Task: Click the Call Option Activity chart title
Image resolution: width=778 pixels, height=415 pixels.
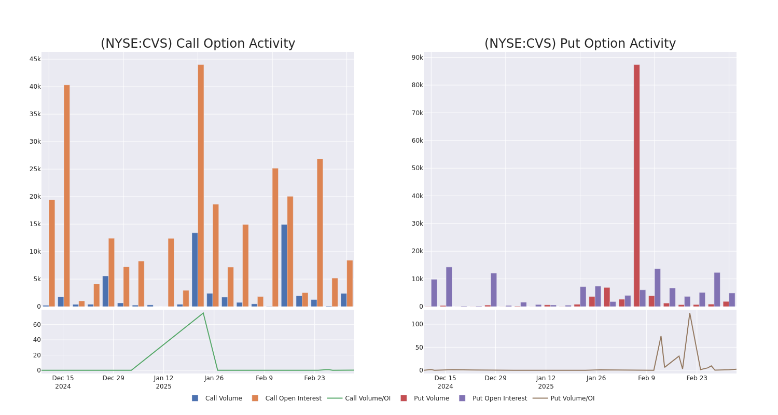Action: pos(198,44)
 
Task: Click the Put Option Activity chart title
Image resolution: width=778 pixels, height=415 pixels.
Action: pos(580,44)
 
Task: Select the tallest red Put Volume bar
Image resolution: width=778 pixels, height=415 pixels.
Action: pos(636,185)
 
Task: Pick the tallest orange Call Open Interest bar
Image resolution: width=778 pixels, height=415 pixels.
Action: pos(201,185)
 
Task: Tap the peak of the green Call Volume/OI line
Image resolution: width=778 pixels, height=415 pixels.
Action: pos(203,313)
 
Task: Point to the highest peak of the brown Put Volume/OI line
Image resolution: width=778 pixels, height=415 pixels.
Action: pos(689,313)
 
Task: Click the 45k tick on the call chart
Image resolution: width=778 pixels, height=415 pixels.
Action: pos(35,59)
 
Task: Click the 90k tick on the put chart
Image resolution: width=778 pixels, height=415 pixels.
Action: pos(417,58)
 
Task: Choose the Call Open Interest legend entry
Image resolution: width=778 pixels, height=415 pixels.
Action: pos(293,398)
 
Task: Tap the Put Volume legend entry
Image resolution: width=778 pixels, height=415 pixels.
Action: pos(431,398)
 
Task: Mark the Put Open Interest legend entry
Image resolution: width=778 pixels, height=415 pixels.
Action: pos(499,398)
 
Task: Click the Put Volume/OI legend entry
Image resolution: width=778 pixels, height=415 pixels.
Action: pos(572,398)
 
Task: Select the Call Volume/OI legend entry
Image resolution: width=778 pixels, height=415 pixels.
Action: pos(367,398)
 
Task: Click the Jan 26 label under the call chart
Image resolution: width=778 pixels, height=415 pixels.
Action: pos(214,378)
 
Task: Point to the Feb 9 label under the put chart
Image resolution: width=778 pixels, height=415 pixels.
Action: pos(646,378)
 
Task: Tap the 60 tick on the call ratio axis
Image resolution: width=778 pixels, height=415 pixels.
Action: pos(37,325)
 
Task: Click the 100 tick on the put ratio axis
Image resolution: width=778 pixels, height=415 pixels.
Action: pos(417,324)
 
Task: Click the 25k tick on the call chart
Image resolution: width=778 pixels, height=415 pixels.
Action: pos(35,169)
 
